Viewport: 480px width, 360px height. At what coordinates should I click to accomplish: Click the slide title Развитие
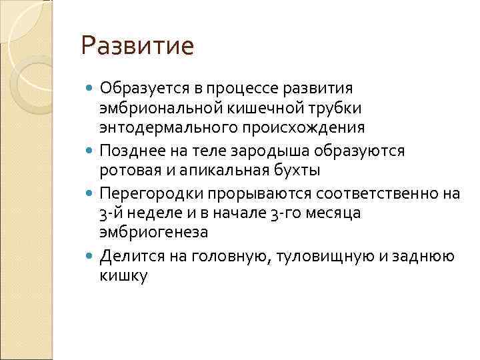(x=137, y=46)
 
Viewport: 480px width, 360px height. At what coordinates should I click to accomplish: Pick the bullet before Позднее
(x=91, y=151)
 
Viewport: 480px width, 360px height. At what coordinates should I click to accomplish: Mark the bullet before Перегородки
(x=91, y=193)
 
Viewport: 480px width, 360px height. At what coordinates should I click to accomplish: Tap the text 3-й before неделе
(x=111, y=213)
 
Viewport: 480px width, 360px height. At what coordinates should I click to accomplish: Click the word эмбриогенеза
(x=154, y=233)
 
